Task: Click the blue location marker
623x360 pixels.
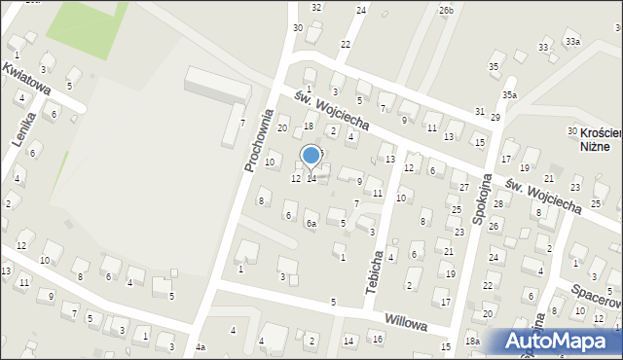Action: [x=311, y=155]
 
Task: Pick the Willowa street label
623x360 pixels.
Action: [x=406, y=321]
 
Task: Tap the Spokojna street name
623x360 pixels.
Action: [x=481, y=203]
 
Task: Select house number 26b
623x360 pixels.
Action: [x=446, y=10]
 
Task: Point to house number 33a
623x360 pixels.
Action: [x=572, y=41]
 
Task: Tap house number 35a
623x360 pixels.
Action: [x=509, y=94]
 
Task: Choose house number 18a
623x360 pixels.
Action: [x=472, y=341]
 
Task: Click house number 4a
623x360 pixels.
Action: [x=200, y=347]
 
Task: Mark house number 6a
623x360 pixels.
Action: [x=311, y=224]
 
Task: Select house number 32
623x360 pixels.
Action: [x=316, y=7]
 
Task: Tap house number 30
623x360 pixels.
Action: [x=298, y=27]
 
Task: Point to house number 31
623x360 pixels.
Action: [x=479, y=112]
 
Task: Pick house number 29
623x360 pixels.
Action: [x=495, y=117]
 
